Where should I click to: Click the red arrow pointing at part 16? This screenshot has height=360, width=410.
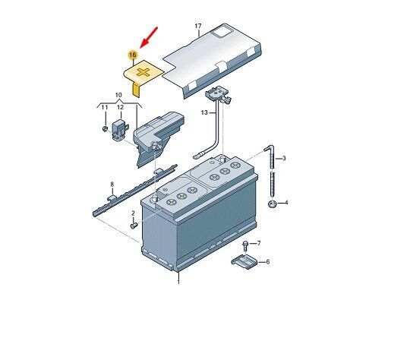coord(149,37)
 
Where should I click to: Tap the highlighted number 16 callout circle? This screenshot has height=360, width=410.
coord(133,55)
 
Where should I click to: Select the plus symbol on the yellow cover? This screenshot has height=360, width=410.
coord(143,72)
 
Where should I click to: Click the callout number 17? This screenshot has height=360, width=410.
coord(198,26)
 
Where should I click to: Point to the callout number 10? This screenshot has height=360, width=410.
coord(118,95)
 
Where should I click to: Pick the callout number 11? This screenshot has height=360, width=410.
coord(105,107)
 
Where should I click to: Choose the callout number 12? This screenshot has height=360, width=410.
coord(120,107)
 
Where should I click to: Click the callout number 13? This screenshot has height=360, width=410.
coord(204,112)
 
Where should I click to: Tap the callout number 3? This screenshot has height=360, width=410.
coord(284,158)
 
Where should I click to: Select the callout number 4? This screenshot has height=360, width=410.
coord(286,203)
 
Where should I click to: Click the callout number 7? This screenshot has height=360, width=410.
coord(259,243)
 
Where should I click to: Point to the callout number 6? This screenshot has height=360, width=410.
coord(268,261)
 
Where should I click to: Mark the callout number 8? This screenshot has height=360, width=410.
coord(112,185)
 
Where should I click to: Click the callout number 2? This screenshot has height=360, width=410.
coord(133,213)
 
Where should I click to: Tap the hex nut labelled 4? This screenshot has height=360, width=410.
coord(273,204)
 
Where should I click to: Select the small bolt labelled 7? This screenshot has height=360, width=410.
coord(245,246)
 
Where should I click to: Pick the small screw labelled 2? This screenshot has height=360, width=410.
coord(134,226)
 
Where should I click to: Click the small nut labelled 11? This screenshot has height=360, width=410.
coord(105,128)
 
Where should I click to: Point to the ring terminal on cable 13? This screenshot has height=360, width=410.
coord(196,156)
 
